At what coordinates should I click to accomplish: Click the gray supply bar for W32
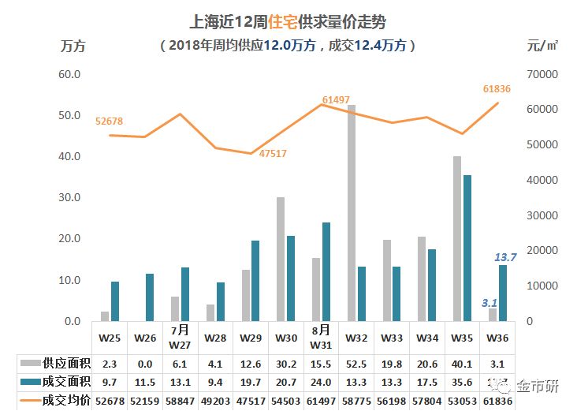tap(351, 213)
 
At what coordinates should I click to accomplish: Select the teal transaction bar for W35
tap(467, 248)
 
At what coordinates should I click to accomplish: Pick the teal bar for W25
tap(115, 301)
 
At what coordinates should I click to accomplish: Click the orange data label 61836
tap(497, 89)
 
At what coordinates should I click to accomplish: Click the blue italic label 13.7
tap(504, 257)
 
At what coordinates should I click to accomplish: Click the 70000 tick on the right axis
tap(540, 74)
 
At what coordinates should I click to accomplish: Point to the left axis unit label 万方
tap(73, 45)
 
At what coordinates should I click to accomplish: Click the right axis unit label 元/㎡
tap(543, 45)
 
